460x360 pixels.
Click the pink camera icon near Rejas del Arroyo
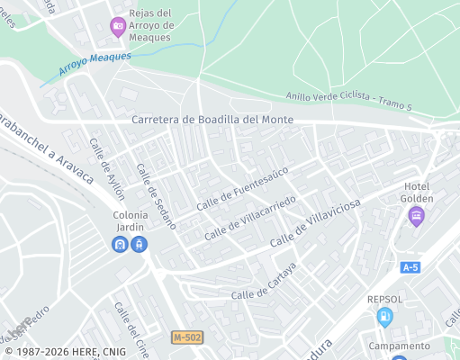click(118, 26)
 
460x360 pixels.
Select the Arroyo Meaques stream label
click(95, 62)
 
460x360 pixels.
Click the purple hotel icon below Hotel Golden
click(416, 215)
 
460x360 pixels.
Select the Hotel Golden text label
click(418, 192)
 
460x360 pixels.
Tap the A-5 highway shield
click(410, 266)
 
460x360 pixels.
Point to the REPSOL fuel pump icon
click(385, 316)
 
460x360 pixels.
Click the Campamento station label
click(399, 346)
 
